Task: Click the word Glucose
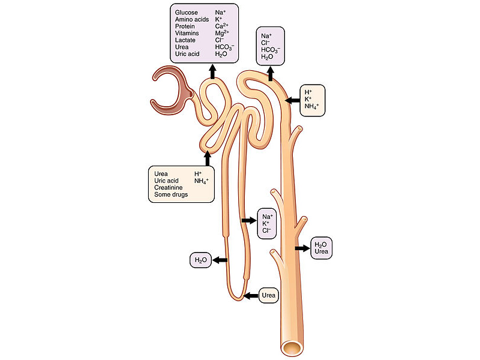click(187, 12)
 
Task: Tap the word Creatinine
click(168, 188)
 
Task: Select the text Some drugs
click(170, 195)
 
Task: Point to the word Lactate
click(185, 40)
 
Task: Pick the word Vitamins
click(187, 33)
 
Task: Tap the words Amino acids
click(192, 19)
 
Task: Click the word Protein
click(185, 26)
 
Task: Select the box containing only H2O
click(200, 260)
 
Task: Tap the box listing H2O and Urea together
click(320, 248)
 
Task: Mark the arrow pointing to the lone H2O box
click(219, 260)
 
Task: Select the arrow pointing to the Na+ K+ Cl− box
click(247, 221)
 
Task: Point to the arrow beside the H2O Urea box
click(302, 248)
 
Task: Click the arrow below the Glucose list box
click(212, 72)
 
